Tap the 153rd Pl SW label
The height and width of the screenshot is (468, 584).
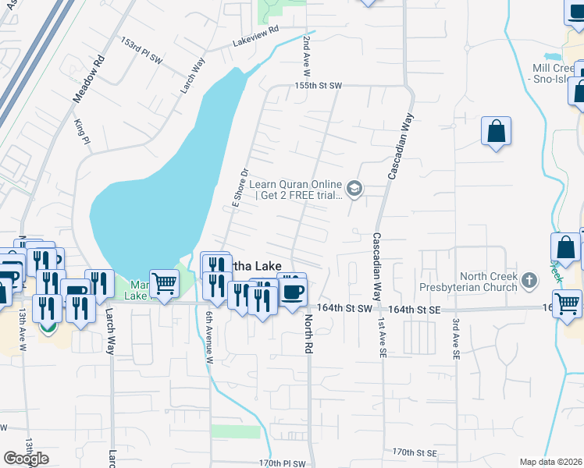point(141,48)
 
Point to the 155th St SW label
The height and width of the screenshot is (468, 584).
point(319,85)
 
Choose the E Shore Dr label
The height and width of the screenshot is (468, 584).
point(239,187)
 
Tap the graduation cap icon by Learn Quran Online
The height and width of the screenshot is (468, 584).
point(355,189)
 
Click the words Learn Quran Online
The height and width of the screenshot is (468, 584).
point(296,184)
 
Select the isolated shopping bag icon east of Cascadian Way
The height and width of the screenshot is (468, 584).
point(496,132)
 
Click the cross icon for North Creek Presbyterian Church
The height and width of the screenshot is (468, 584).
point(529,279)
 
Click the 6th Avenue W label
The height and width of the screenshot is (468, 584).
point(209,337)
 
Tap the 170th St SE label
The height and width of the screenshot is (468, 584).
point(414,452)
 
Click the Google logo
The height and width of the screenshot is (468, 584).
point(26,458)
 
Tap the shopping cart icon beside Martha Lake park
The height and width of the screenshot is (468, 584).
point(164,284)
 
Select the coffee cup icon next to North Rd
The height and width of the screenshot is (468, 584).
point(292,290)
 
